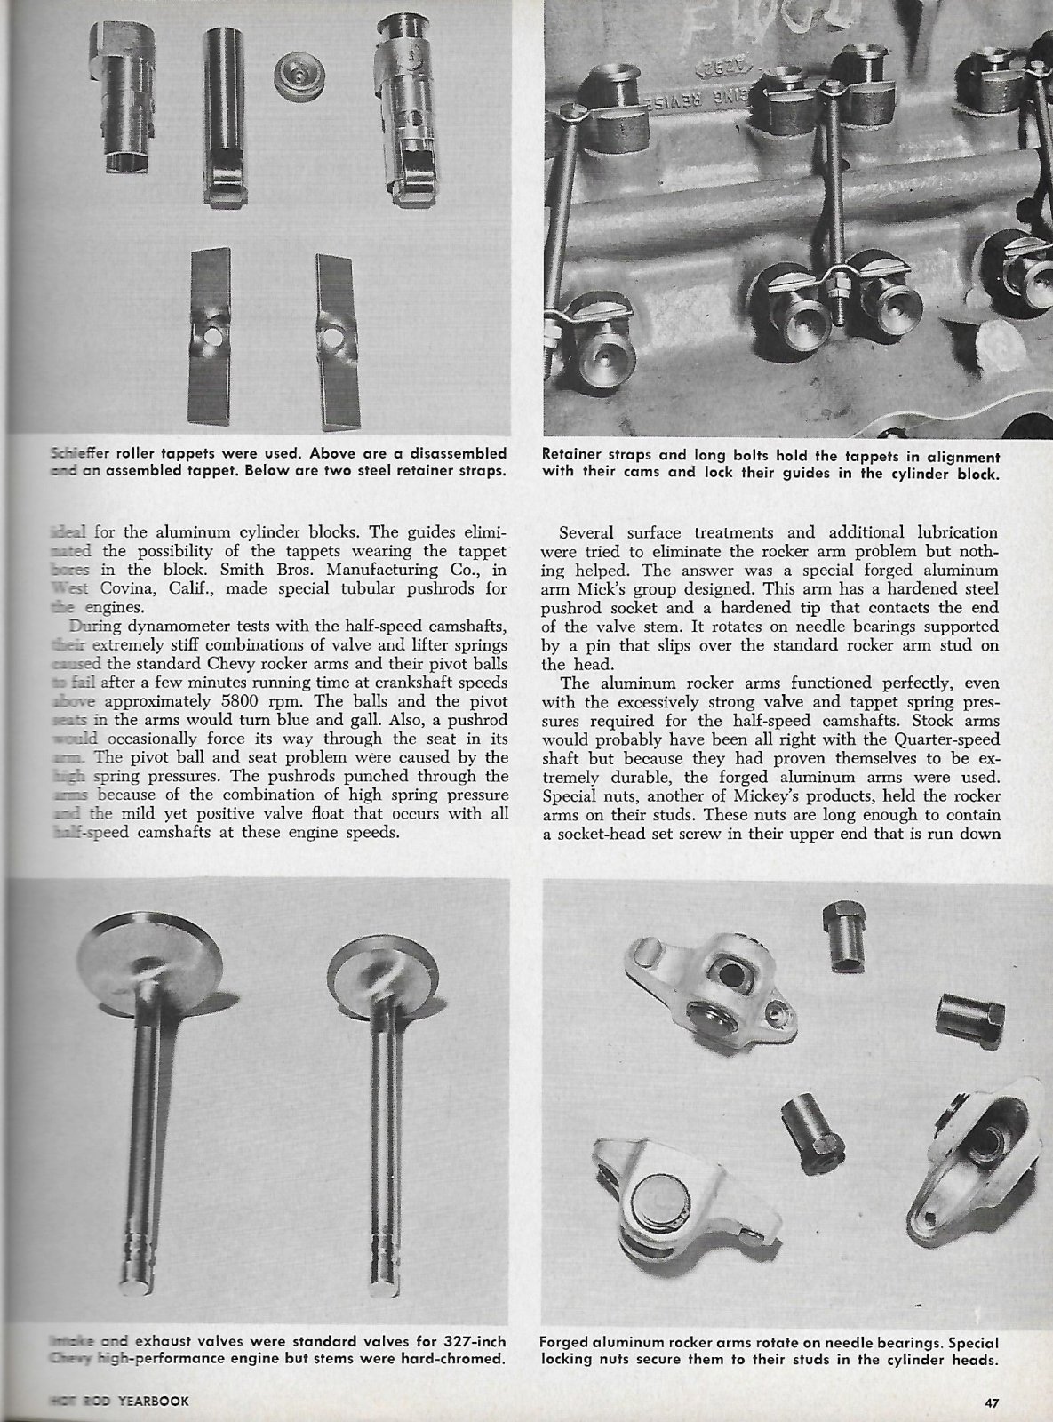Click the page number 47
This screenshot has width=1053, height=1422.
click(x=992, y=1403)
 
